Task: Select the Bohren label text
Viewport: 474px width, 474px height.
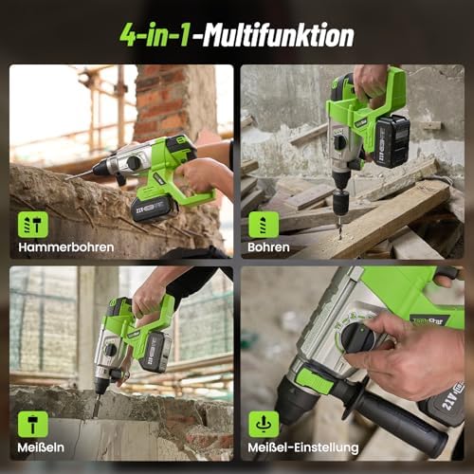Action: tap(270, 247)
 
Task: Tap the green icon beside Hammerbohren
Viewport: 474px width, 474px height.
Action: tap(32, 225)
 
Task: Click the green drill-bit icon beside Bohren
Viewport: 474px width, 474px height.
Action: tap(264, 225)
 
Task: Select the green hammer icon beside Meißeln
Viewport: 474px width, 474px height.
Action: tap(32, 424)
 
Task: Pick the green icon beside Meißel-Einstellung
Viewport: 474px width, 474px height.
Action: tap(264, 424)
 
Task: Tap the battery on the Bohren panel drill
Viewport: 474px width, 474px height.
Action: tap(391, 139)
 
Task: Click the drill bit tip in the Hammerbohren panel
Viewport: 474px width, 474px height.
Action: tap(67, 177)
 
